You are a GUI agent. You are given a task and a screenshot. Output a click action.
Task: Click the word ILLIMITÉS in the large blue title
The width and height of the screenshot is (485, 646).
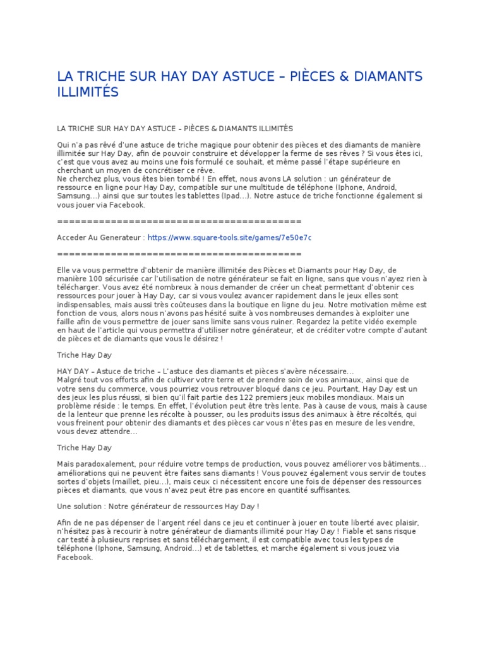tap(88, 92)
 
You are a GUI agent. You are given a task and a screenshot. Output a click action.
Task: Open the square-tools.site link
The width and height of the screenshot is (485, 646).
tap(229, 237)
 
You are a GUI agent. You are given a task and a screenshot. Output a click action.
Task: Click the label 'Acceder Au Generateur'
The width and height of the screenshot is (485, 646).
tap(100, 237)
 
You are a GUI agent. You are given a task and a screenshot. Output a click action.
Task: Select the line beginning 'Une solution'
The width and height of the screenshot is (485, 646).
tap(158, 506)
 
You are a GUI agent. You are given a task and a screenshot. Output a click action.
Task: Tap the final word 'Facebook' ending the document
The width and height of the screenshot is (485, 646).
tap(74, 556)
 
